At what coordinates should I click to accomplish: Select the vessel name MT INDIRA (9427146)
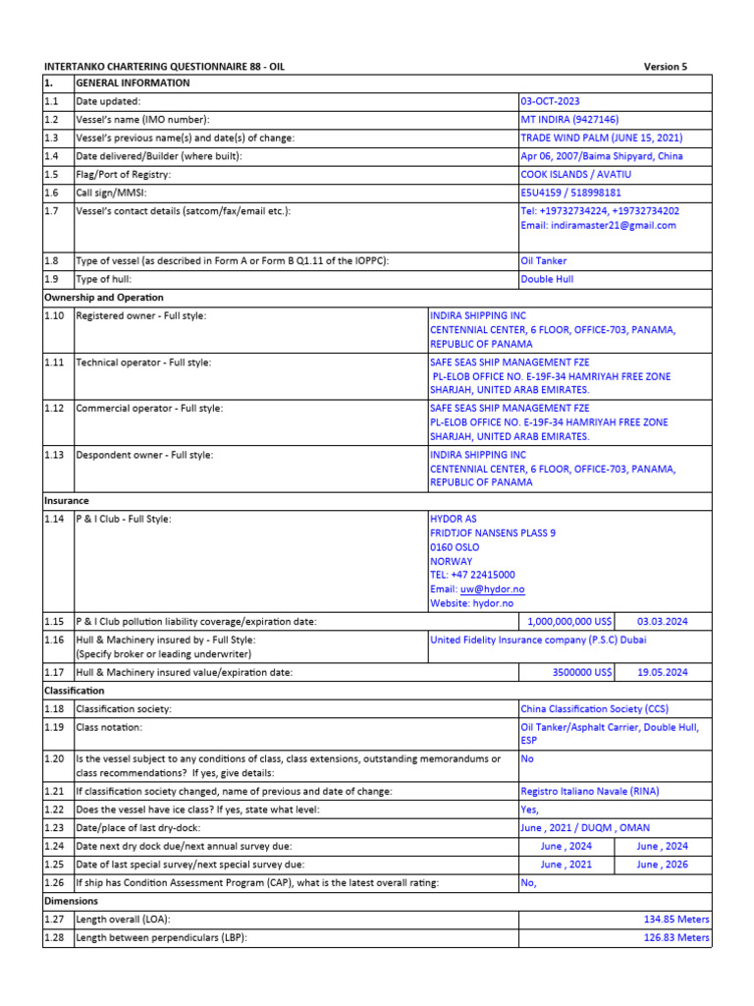569,119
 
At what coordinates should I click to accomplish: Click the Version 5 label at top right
665,67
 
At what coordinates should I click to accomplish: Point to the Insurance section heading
67,500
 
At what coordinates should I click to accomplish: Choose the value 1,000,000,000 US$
569,622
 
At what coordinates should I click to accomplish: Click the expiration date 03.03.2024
663,622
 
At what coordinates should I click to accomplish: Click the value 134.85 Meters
675,920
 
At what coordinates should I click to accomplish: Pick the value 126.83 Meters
675,937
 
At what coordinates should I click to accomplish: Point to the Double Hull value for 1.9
547,279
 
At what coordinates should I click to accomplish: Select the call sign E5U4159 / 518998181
570,194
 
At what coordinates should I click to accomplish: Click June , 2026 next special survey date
662,865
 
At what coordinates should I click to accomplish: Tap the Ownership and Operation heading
104,297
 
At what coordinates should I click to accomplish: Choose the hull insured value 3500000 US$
582,672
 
